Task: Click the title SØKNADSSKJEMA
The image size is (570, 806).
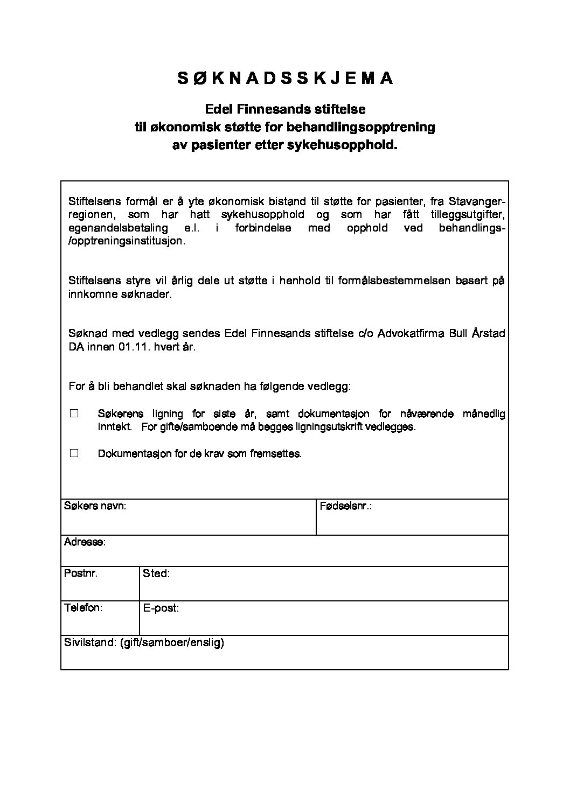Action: point(285,79)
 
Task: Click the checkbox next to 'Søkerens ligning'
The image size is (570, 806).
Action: point(74,413)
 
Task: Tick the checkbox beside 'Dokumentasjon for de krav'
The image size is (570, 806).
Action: point(74,453)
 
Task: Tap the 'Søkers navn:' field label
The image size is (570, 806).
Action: point(95,506)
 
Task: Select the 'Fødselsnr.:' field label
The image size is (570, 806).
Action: point(346,506)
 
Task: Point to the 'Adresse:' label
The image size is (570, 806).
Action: point(85,542)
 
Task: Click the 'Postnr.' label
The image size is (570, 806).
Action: point(81,573)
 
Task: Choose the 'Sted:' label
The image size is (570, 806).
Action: point(156,573)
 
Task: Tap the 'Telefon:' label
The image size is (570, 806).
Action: point(83,607)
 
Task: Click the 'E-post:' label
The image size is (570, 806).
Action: point(161,608)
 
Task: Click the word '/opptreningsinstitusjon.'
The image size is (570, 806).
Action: point(127,241)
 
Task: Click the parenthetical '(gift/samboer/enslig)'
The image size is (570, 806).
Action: point(172,642)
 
